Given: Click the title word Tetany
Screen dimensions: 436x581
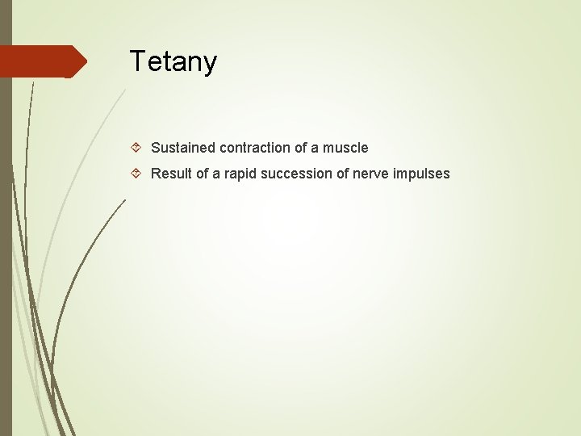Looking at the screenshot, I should [173, 61].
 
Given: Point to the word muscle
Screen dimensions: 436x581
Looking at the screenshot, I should [345, 148].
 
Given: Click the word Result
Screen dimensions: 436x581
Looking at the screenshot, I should [169, 174].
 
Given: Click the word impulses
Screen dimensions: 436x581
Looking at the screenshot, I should [421, 174].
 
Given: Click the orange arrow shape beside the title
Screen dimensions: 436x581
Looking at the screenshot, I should [40, 61].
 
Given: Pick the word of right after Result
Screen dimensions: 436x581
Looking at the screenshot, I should [199, 174].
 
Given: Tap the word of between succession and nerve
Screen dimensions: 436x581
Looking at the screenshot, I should [339, 174].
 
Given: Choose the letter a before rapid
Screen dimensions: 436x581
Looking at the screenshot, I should [215, 174].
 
